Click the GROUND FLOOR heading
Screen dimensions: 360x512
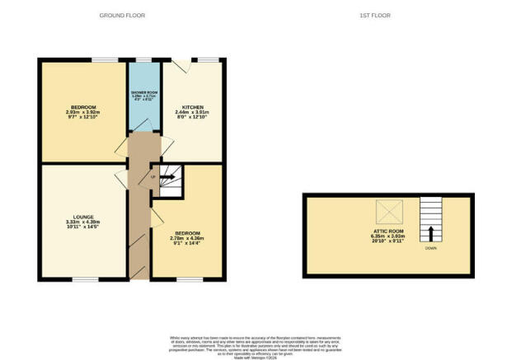[x=119, y=16]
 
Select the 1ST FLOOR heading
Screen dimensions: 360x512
[x=375, y=16]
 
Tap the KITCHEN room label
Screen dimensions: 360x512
[x=192, y=108]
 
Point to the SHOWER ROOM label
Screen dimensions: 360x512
[x=143, y=91]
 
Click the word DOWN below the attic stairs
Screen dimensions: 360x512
[x=431, y=248]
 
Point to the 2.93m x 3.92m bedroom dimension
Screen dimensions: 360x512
[x=83, y=114]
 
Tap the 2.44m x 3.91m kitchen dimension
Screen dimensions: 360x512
[x=192, y=114]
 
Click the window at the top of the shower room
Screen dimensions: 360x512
[x=143, y=59]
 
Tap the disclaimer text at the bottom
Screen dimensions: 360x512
[x=255, y=344]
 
